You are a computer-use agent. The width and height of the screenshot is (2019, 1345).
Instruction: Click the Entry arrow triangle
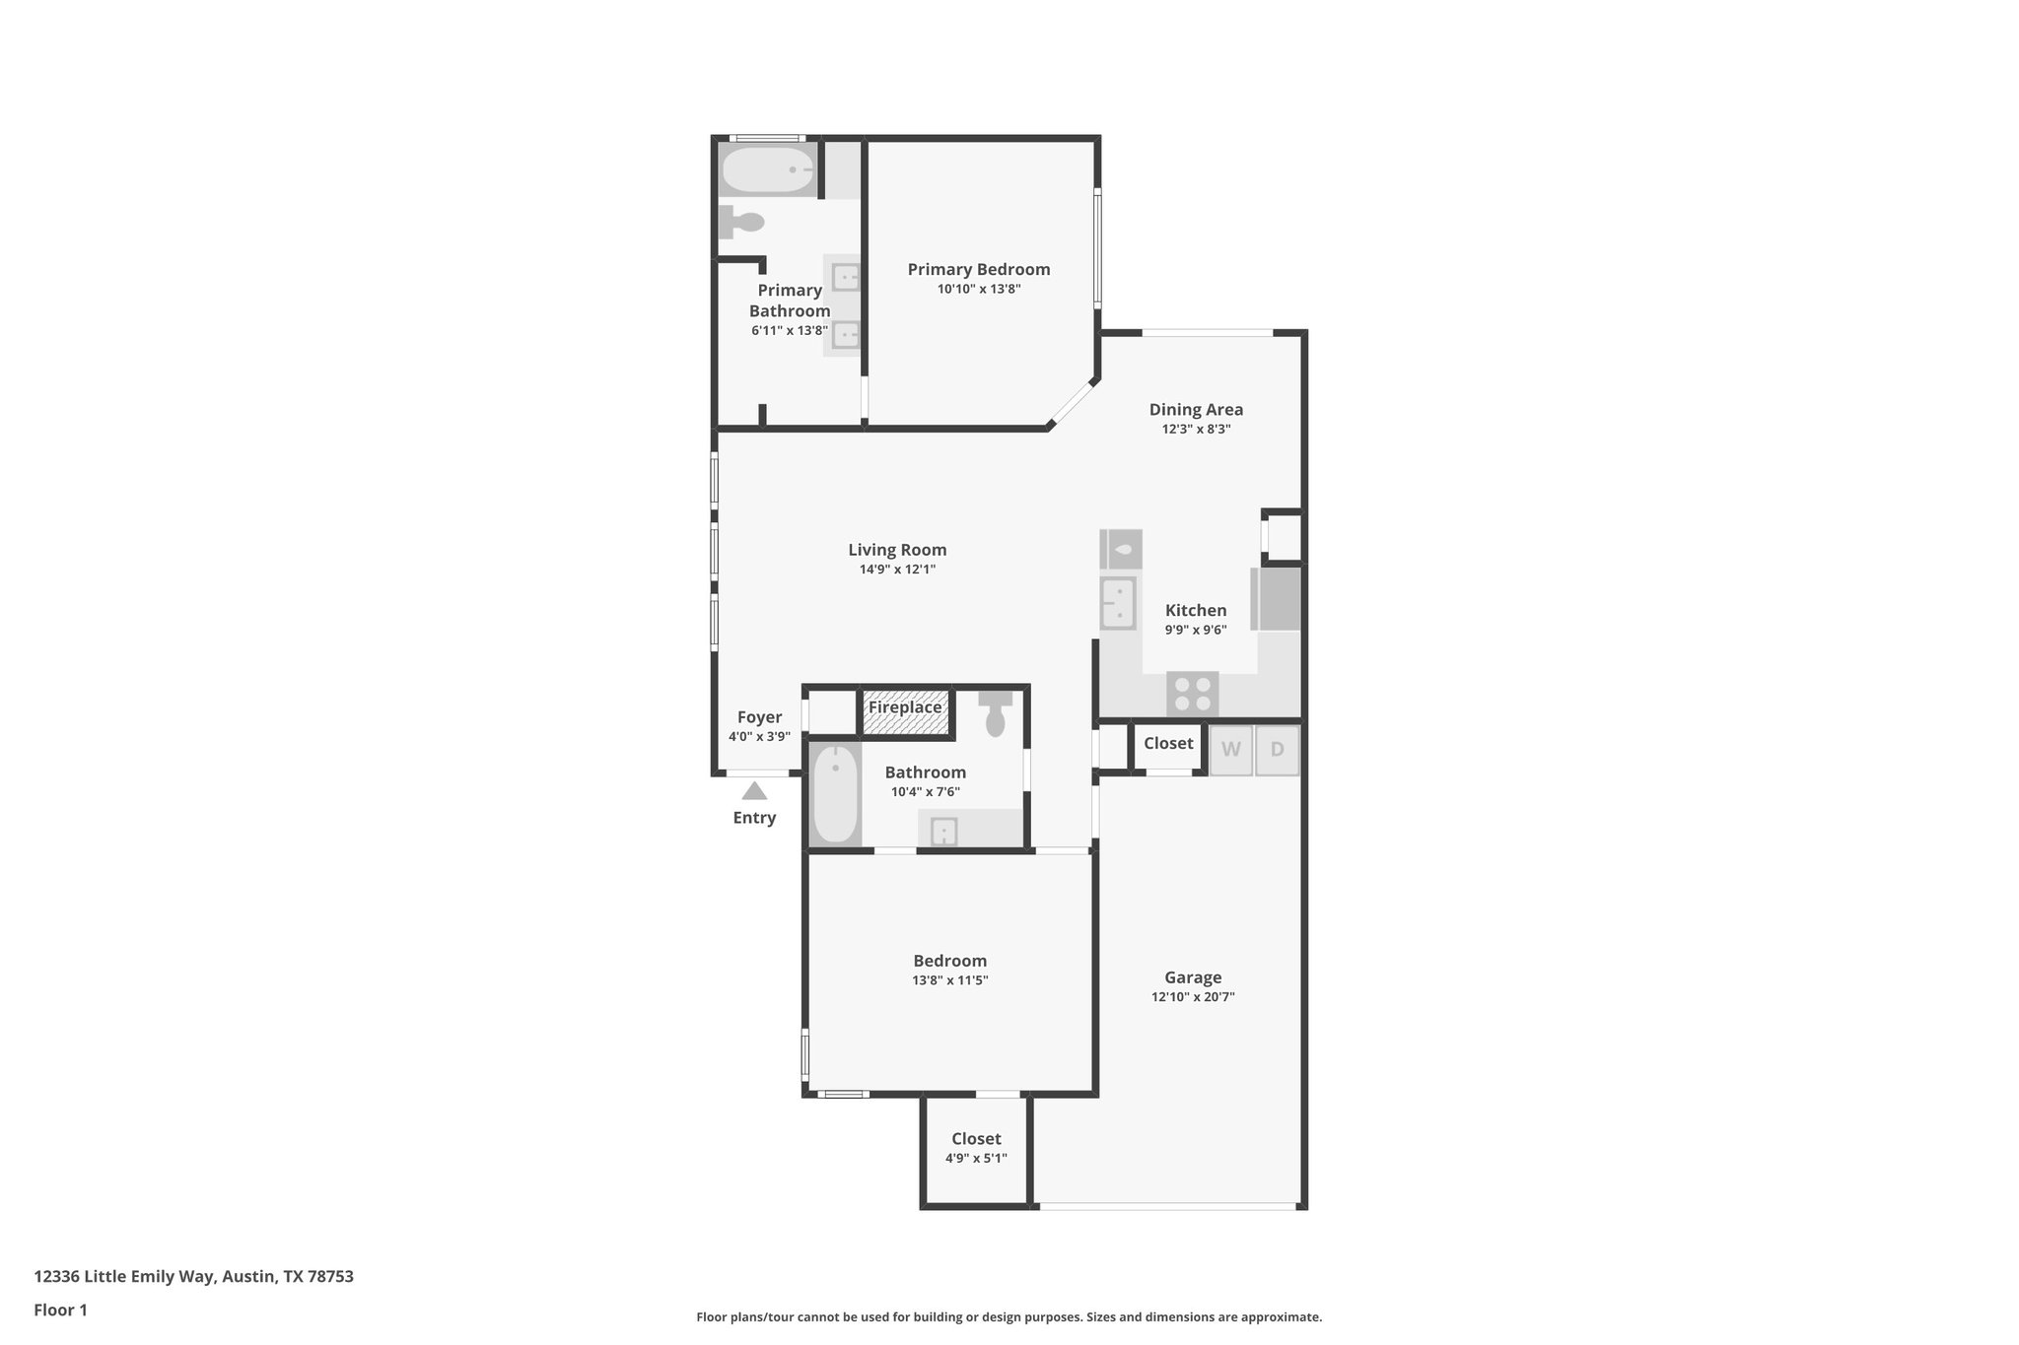coord(754,790)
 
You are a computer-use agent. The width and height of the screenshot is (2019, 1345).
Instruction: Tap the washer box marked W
coord(1230,750)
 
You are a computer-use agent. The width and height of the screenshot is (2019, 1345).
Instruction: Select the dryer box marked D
coord(1277,750)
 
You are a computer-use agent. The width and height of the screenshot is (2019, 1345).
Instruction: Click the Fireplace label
coord(905,707)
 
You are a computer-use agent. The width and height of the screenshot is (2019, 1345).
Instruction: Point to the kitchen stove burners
coord(1193,693)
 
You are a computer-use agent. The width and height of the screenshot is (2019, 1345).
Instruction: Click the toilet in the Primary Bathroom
coord(742,222)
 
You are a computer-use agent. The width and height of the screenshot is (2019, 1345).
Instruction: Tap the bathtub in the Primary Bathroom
coord(768,170)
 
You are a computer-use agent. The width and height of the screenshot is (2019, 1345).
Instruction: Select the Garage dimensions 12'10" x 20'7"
coord(1193,996)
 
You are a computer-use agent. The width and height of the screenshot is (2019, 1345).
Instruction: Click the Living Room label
coord(897,550)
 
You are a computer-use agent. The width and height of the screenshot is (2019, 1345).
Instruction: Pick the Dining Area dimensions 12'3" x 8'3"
coord(1196,429)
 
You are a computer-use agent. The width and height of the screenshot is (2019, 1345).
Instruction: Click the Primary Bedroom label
coord(978,269)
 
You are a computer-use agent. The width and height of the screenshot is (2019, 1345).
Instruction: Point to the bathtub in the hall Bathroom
coord(835,794)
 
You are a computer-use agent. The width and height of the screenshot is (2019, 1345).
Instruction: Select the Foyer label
coord(759,717)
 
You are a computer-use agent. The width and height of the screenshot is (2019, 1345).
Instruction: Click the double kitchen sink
coord(1118,602)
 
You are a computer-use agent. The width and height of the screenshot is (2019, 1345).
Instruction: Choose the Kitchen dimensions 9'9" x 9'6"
coord(1196,630)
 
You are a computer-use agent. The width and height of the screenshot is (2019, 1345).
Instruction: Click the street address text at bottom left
coord(193,1276)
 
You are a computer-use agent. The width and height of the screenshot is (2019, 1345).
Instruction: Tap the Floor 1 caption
coord(60,1310)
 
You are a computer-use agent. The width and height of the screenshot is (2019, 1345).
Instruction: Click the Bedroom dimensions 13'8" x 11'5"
coord(949,979)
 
